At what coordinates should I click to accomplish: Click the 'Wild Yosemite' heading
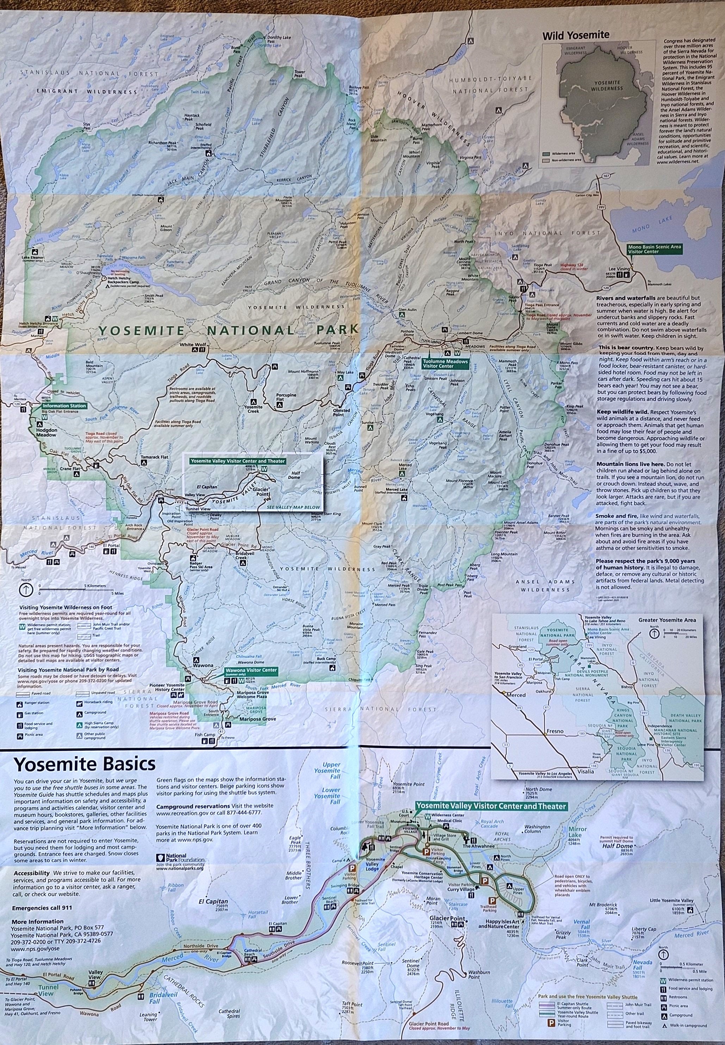[x=576, y=35]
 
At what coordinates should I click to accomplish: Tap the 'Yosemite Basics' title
[x=85, y=764]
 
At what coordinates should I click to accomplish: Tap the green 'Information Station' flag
[x=64, y=406]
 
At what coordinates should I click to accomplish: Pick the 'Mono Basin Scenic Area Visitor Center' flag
[x=655, y=248]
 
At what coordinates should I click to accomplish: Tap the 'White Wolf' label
[x=193, y=344]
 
